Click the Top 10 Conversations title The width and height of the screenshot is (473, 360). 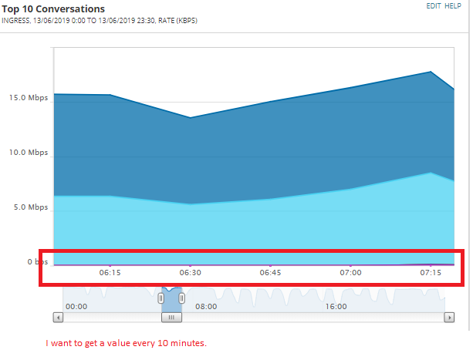[53, 8]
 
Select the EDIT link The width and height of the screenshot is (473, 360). [433, 5]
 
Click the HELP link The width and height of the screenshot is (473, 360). [453, 5]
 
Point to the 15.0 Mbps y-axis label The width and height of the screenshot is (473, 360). [29, 98]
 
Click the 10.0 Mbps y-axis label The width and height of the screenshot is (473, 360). [29, 153]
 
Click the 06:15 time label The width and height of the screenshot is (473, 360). [110, 272]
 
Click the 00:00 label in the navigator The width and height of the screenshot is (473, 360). [76, 306]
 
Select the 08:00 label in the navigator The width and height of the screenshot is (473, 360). [206, 306]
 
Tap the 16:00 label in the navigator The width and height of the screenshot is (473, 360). [336, 306]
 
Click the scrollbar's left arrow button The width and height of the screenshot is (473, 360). [58, 317]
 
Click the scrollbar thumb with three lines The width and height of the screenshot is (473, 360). [171, 317]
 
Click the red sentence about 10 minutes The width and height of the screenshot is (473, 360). [127, 343]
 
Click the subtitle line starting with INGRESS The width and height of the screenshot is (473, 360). [99, 20]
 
